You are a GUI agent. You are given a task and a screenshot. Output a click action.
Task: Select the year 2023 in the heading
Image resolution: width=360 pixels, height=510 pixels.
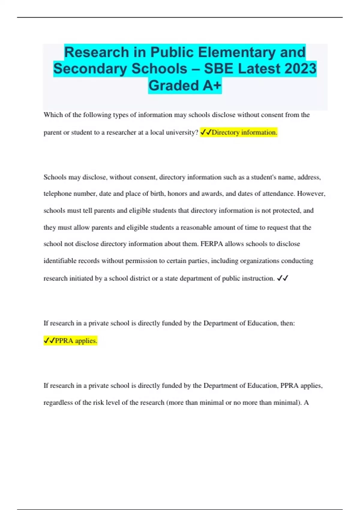tap(300, 69)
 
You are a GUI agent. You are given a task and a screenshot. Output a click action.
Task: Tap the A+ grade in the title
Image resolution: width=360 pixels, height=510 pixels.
tap(212, 85)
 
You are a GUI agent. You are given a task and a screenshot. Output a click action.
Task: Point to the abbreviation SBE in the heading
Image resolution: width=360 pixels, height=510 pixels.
tap(218, 69)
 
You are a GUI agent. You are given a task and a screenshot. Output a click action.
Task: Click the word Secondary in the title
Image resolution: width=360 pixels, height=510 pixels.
tap(90, 69)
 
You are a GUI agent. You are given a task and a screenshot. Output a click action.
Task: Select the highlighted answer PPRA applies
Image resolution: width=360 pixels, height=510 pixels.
tap(76, 341)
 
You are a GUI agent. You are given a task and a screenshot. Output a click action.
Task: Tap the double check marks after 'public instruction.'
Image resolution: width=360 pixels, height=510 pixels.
tap(282, 278)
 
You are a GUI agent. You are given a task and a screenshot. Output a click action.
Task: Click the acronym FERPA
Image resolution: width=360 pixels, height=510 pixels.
tap(212, 244)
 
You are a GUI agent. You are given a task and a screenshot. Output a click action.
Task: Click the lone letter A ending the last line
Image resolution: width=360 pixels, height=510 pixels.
tap(306, 403)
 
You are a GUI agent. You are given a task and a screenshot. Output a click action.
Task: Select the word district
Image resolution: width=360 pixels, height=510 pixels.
tap(139, 278)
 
